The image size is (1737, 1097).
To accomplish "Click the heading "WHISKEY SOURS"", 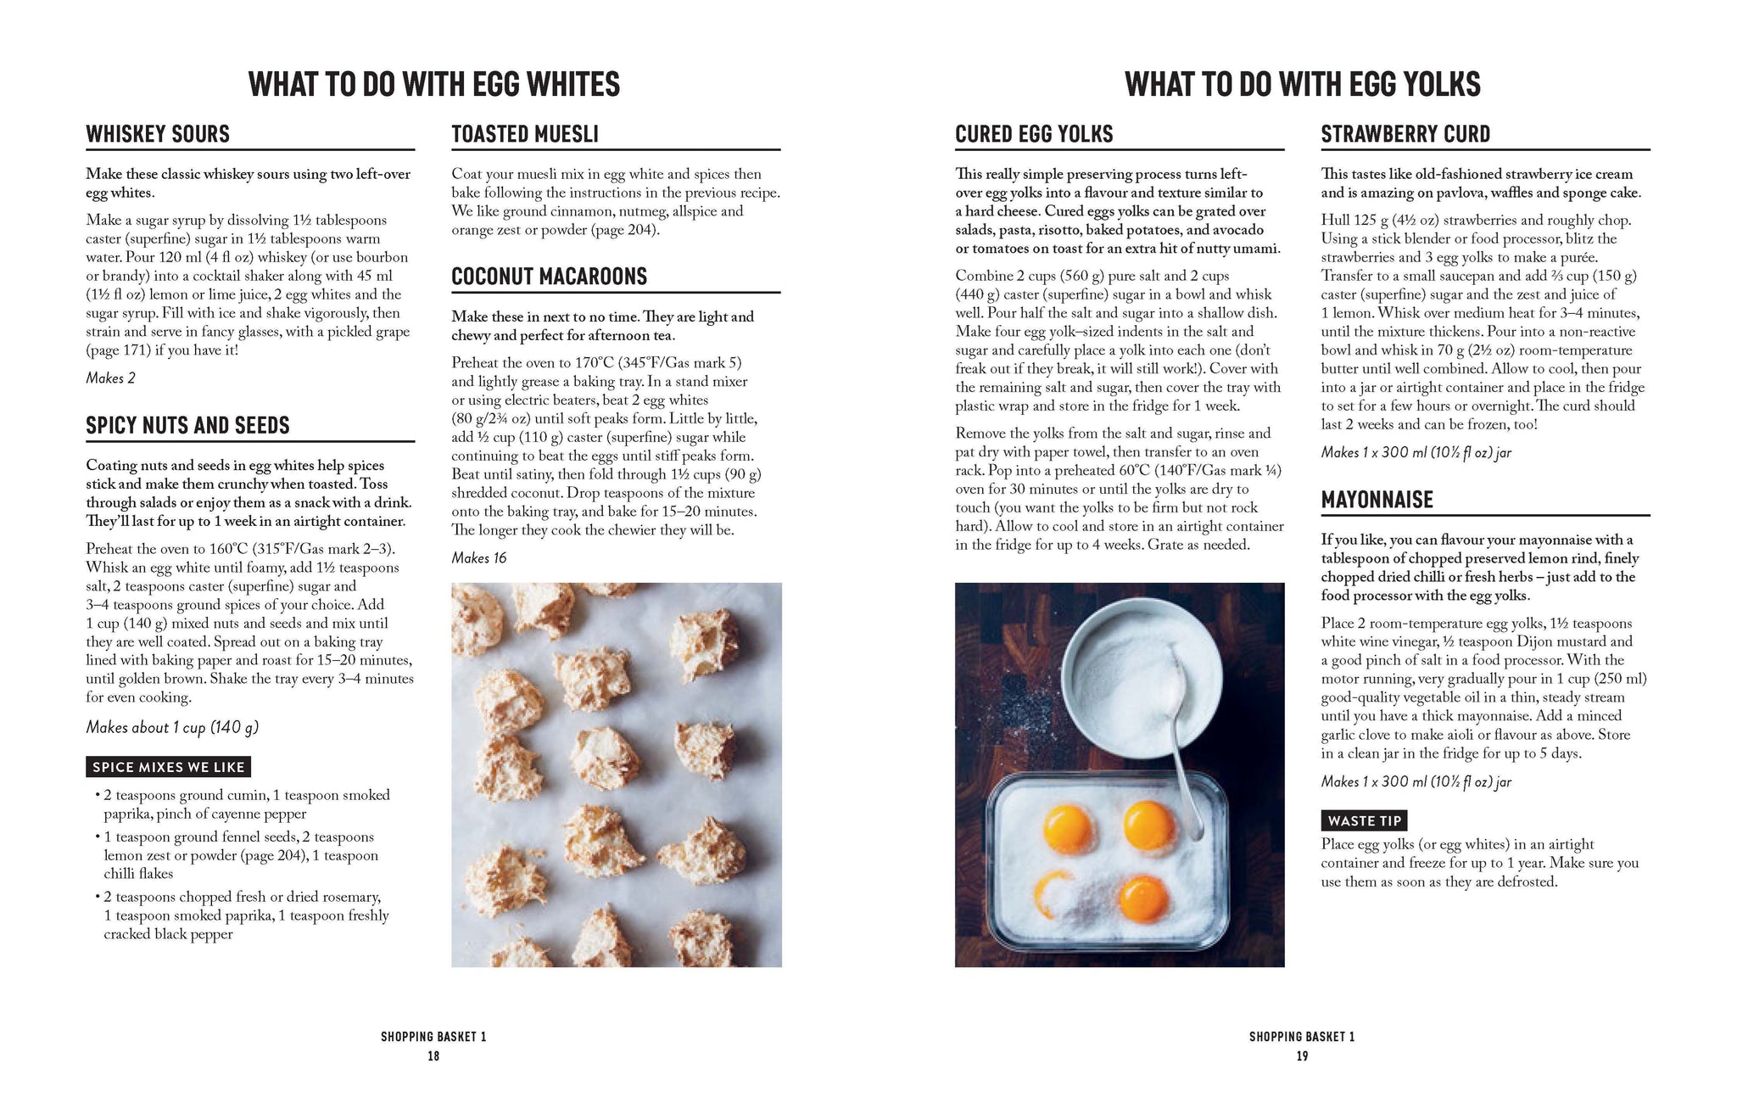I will point(158,134).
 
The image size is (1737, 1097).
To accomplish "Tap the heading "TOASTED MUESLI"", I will point(524,134).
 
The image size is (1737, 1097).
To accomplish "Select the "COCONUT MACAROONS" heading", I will point(549,277).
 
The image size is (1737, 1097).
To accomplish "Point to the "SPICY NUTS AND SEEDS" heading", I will point(187,425).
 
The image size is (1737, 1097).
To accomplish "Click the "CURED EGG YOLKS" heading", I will point(1033,134).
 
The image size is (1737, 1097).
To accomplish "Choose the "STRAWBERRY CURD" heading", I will point(1405,134).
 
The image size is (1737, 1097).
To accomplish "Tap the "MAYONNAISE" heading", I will point(1377,500).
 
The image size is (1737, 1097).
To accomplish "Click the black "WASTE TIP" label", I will point(1364,820).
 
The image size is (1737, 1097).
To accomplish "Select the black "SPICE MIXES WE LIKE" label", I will point(168,767).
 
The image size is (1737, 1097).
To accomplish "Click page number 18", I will point(433,1056).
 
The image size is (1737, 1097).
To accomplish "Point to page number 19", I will point(1302,1056).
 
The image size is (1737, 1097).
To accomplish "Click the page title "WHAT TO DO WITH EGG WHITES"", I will point(433,85).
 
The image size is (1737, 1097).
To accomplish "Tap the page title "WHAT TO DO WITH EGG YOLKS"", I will point(1302,85).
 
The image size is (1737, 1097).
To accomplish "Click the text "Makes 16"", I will point(478,557).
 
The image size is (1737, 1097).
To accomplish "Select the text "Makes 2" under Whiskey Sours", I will point(110,378).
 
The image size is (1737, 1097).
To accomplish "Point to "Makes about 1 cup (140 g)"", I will point(171,727).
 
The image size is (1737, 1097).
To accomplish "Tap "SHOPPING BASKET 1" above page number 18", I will point(433,1037).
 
